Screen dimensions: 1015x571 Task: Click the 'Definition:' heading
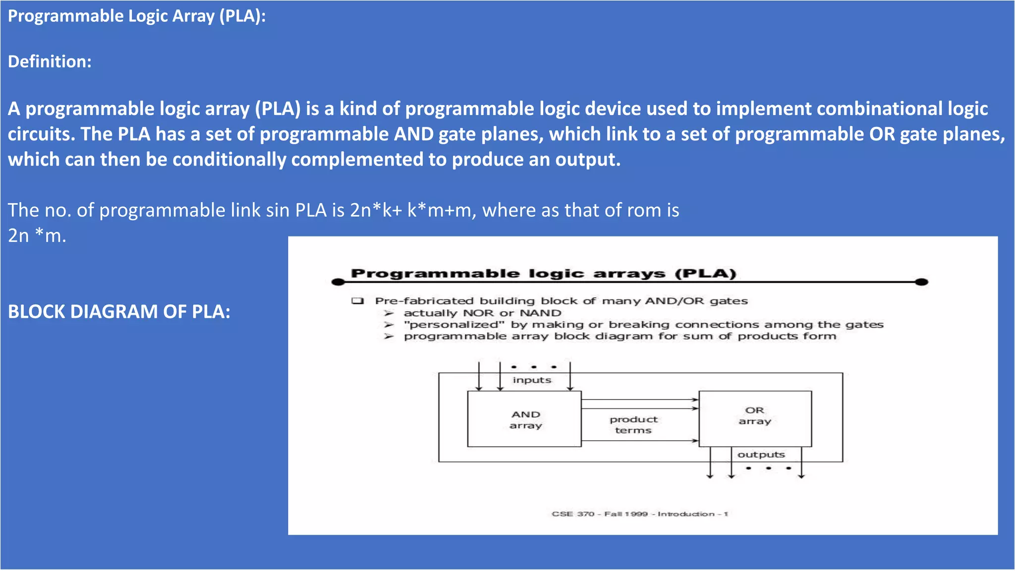[50, 61]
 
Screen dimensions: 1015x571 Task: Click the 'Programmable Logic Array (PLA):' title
[137, 16]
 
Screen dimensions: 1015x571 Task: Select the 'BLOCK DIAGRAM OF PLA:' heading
[119, 312]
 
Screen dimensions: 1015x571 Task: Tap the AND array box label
[525, 420]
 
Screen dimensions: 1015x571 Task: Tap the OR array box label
[755, 416]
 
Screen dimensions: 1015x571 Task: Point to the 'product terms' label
[633, 425]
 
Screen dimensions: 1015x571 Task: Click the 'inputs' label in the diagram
[532, 380]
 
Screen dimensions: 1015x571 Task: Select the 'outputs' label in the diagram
[761, 455]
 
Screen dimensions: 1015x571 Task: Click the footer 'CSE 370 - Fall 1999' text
[600, 514]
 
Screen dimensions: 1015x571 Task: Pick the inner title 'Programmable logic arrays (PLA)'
[543, 274]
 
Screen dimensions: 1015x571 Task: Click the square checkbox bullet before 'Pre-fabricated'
[357, 301]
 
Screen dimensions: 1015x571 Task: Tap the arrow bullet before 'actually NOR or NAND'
[389, 313]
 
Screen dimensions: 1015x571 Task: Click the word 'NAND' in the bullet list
[540, 313]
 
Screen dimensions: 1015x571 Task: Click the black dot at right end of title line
[921, 282]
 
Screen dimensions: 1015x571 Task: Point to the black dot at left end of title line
[338, 282]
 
